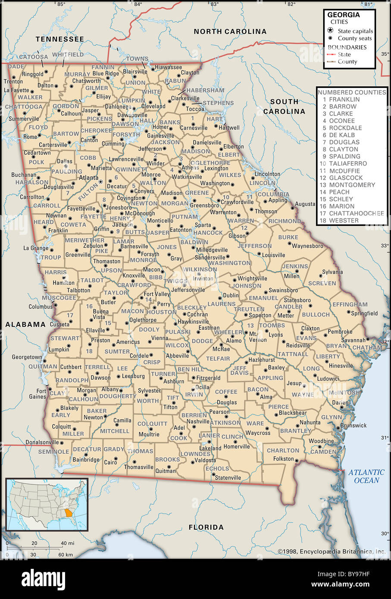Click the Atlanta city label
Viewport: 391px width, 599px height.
[88, 177]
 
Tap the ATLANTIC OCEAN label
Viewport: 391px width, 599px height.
[366, 476]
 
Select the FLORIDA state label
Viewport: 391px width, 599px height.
[206, 527]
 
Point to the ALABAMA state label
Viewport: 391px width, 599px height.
[25, 324]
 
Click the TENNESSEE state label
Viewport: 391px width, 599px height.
[59, 39]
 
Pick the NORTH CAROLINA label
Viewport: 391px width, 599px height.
[230, 31]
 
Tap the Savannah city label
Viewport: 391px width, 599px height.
[353, 340]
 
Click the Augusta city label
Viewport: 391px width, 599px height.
[305, 203]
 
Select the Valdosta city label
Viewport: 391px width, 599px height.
[205, 461]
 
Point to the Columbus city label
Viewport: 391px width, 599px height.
[40, 307]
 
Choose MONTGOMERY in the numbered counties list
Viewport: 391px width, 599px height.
[352, 185]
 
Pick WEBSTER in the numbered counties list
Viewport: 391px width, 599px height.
[344, 220]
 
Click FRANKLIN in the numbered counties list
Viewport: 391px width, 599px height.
[344, 99]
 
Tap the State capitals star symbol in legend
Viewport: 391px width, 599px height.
[330, 31]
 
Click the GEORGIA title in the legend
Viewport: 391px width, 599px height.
[343, 15]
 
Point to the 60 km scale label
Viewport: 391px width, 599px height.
[66, 554]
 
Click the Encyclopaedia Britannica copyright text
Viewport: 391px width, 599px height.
[332, 551]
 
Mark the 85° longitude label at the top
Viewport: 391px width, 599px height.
[61, 4]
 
